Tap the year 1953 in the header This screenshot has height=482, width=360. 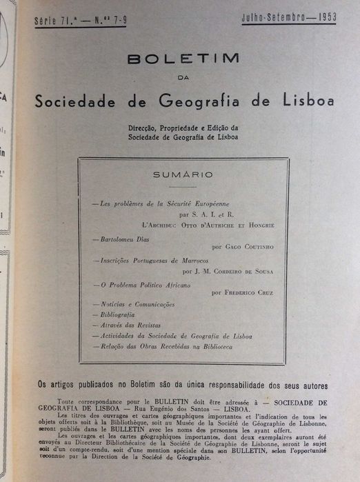click(322, 15)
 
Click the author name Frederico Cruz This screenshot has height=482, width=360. click(248, 292)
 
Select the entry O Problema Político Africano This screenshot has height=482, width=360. click(139, 284)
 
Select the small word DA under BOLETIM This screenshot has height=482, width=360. click(183, 77)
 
